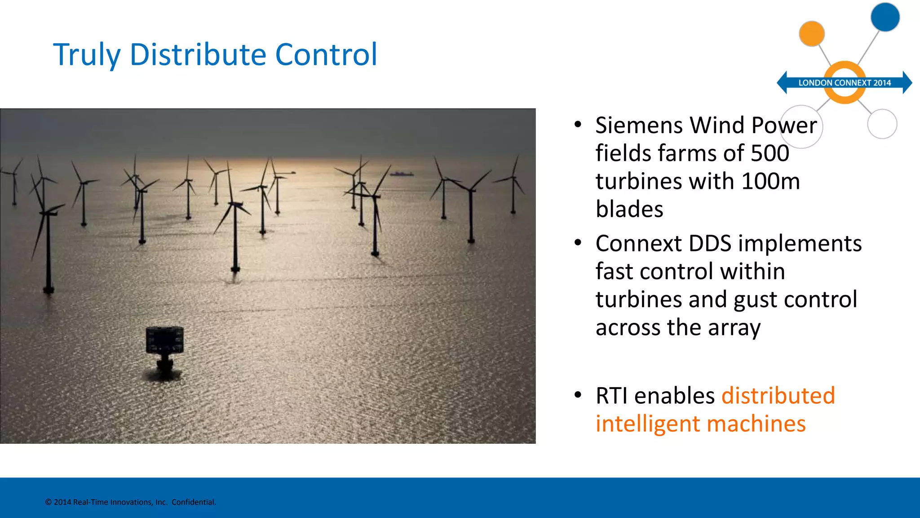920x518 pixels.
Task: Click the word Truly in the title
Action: (x=87, y=55)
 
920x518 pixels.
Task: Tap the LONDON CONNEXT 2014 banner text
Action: (x=844, y=83)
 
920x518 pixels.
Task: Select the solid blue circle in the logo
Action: (x=885, y=17)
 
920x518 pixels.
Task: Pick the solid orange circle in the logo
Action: (x=812, y=34)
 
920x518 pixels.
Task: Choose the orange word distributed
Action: (x=778, y=396)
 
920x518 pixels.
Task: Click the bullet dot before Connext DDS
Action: (x=578, y=243)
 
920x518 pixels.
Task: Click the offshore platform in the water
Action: (x=164, y=346)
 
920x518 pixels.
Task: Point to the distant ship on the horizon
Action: (x=401, y=173)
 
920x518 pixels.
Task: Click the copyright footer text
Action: (x=130, y=502)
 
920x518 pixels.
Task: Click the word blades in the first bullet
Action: (x=629, y=210)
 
